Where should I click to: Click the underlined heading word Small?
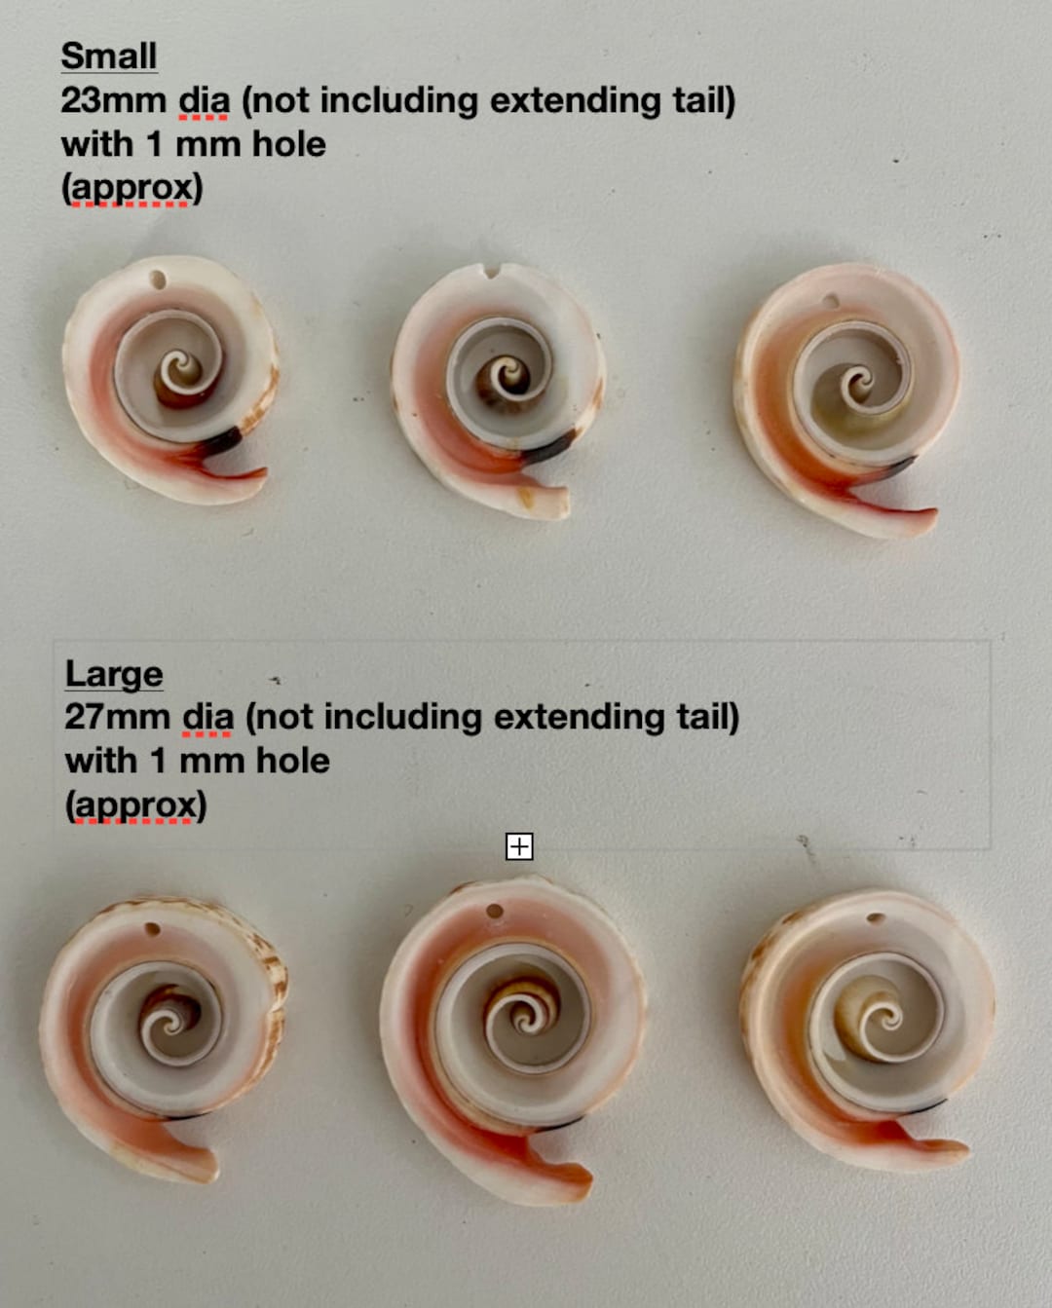click(108, 56)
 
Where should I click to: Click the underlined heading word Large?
click(113, 674)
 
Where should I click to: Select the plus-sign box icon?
click(519, 846)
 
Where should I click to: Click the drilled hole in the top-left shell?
click(158, 280)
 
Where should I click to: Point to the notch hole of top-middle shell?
click(492, 272)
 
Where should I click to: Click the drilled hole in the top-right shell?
click(830, 302)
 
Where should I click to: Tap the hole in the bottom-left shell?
click(152, 929)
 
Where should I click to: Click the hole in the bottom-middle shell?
click(494, 913)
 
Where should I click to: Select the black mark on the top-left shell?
click(222, 441)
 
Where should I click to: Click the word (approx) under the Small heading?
click(131, 188)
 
